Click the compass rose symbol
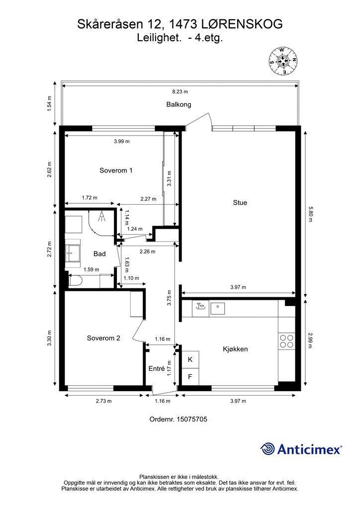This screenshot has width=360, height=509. click(283, 61)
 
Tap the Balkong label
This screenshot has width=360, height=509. click(179, 104)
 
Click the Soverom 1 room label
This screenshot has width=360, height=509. click(116, 170)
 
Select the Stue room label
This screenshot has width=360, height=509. click(240, 203)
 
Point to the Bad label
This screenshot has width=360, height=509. click(99, 254)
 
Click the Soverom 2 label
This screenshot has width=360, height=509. click(103, 338)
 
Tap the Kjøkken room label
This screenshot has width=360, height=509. click(235, 349)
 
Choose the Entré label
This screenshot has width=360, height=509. click(157, 368)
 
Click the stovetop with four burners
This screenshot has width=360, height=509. click(286, 341)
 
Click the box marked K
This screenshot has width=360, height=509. click(190, 359)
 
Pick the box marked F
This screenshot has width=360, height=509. click(190, 377)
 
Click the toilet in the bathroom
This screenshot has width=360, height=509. click(74, 281)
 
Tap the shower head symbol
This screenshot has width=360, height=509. click(102, 217)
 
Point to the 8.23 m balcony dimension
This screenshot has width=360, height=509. click(180, 91)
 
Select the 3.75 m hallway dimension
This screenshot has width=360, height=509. click(169, 298)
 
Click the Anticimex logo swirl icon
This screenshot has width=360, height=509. click(268, 449)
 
